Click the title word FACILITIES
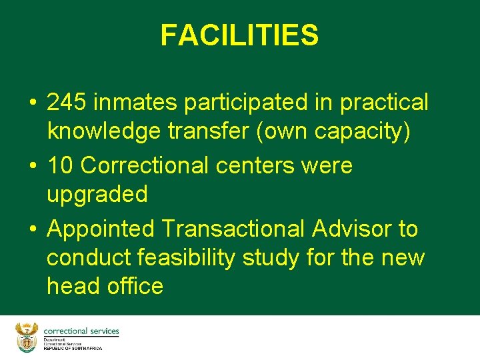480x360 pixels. [x=239, y=35]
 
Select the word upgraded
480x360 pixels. [x=97, y=195]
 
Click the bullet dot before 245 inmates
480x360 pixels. [x=32, y=103]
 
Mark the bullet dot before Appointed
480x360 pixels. [x=32, y=229]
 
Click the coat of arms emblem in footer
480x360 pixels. [x=27, y=337]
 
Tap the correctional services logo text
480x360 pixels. [x=81, y=331]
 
